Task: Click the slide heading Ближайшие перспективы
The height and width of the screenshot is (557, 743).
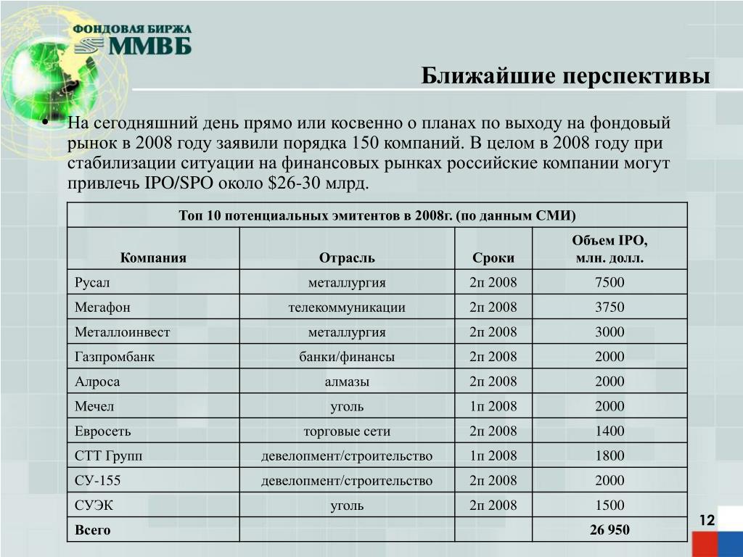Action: tap(566, 75)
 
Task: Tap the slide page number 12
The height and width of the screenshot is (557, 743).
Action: tap(707, 521)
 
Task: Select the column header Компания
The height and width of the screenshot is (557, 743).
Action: tap(153, 257)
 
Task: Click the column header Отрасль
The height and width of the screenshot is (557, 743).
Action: tap(347, 257)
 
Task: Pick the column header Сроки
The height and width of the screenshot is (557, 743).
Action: tap(493, 257)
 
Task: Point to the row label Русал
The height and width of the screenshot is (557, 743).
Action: tap(92, 282)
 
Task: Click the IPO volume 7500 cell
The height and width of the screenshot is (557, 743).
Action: tap(609, 282)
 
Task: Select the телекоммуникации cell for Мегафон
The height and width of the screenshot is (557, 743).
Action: tap(347, 307)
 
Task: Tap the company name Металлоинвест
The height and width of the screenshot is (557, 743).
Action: tap(122, 331)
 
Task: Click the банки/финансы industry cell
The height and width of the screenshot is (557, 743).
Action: tap(347, 356)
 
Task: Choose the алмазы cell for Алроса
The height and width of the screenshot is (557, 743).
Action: tap(347, 381)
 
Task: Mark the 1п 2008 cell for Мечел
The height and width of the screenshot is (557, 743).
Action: tap(493, 406)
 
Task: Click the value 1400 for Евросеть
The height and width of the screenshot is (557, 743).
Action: tap(609, 431)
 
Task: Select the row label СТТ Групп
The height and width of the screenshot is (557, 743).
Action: tap(109, 455)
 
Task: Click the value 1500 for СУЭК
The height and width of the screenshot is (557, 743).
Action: tap(609, 505)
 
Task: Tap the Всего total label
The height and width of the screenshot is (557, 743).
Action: tap(93, 529)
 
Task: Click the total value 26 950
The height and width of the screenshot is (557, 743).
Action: tap(609, 529)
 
